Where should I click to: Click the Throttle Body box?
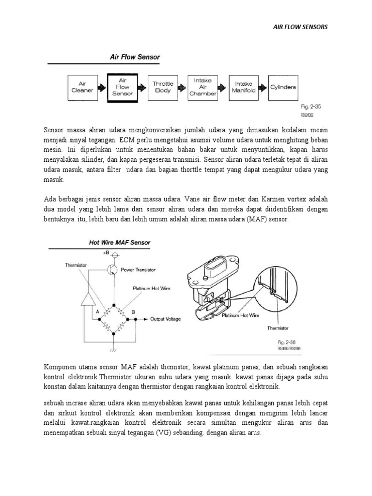(x=163, y=87)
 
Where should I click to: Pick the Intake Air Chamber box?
(x=203, y=87)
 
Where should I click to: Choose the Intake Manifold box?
(x=243, y=87)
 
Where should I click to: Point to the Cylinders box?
(x=283, y=87)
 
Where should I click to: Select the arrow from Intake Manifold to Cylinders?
(x=263, y=87)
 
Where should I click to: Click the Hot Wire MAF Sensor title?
(x=120, y=242)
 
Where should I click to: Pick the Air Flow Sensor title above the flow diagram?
(x=136, y=57)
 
